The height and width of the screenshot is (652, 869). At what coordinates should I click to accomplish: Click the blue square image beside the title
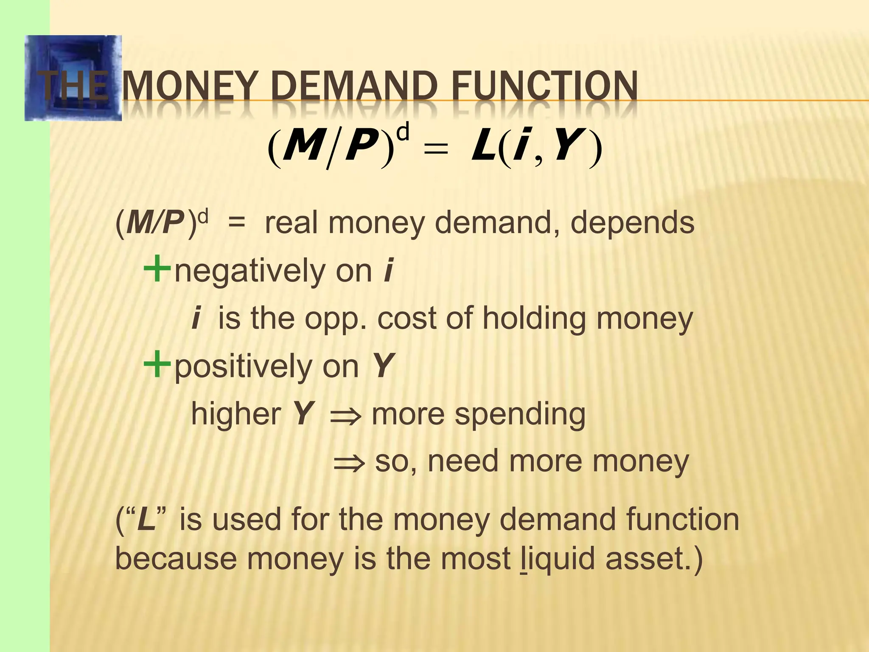pyautogui.click(x=73, y=78)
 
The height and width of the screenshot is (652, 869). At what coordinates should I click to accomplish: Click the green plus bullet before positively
pyautogui.click(x=157, y=365)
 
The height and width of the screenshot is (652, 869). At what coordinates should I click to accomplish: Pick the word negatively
pyautogui.click(x=250, y=272)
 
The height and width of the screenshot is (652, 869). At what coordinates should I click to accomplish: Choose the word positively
pyautogui.click(x=243, y=368)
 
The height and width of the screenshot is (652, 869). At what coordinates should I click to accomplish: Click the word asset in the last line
pyautogui.click(x=645, y=559)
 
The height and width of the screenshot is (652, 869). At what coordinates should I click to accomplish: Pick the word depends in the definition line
pyautogui.click(x=632, y=224)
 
